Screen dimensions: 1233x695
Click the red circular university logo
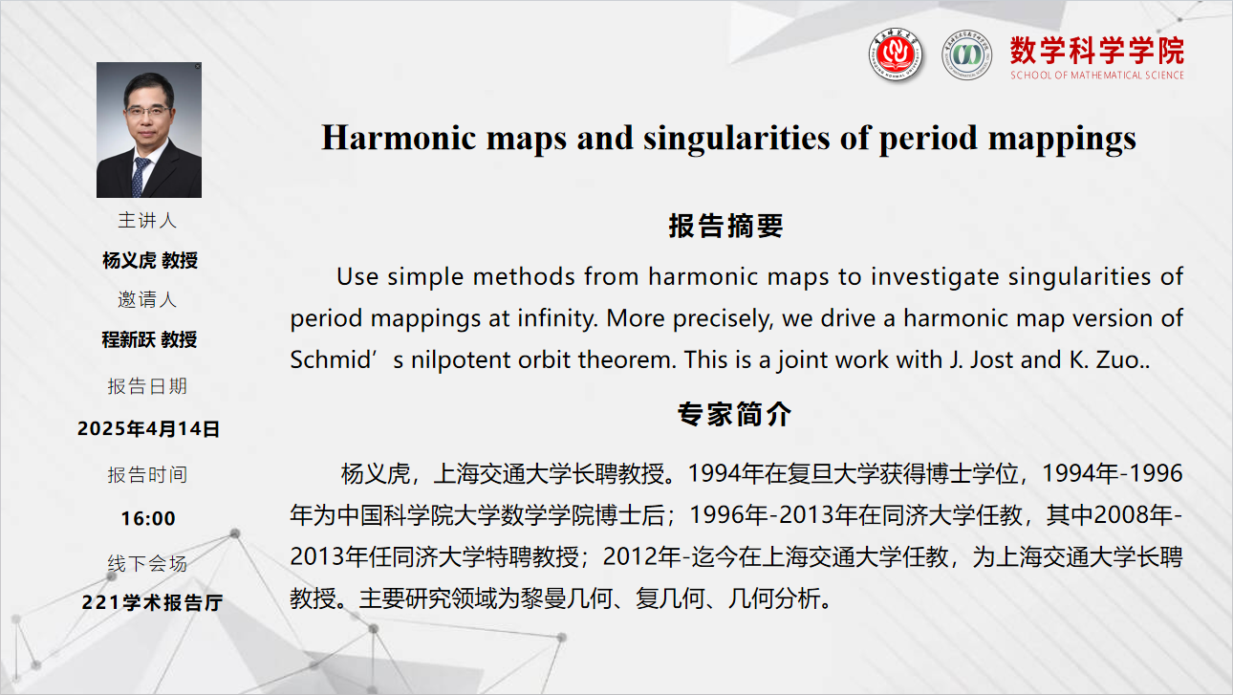coord(895,54)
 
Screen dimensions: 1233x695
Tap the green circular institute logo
coord(966,55)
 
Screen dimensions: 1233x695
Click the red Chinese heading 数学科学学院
coord(1097,51)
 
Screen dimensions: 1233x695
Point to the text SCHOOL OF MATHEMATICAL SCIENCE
coord(1097,75)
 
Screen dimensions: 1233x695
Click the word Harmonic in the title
coord(399,137)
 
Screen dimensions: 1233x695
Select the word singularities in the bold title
coord(737,137)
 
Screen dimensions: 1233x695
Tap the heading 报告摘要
coord(726,226)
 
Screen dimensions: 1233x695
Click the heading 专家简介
coord(735,414)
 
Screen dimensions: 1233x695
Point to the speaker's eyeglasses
coord(147,111)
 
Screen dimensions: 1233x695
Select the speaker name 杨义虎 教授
coord(150,260)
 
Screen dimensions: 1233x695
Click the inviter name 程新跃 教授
coord(149,339)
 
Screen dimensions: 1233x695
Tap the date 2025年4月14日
coord(148,429)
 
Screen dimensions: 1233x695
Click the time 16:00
coord(148,518)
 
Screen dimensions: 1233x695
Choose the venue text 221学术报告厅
coord(152,602)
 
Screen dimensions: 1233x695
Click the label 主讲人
coord(147,220)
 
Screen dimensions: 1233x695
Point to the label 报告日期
coord(147,386)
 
